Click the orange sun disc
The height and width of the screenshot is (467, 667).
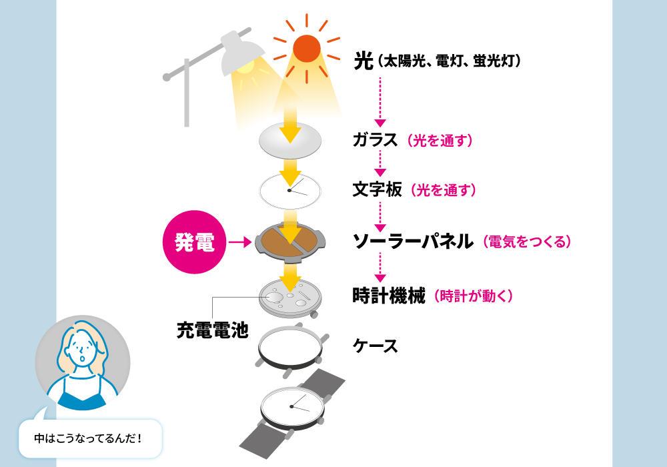306,49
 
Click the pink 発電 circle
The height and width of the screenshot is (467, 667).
194,242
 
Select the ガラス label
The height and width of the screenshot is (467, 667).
375,140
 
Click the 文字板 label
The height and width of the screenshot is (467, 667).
377,189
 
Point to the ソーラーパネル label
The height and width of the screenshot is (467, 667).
413,241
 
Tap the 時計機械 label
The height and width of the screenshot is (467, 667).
389,296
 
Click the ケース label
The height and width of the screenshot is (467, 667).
375,346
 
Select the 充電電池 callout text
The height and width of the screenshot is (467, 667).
212,330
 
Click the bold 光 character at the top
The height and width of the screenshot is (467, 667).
364,61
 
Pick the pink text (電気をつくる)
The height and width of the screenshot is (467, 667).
527,242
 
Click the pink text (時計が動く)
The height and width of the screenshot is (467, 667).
474,296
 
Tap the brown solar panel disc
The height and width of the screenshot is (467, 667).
289,241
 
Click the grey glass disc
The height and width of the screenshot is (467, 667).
290,141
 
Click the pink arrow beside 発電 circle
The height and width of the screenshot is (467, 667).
240,242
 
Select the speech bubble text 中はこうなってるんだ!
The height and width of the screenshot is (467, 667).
88,438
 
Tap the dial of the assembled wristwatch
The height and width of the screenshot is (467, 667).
291,407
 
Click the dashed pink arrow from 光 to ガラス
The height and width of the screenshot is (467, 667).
380,102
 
